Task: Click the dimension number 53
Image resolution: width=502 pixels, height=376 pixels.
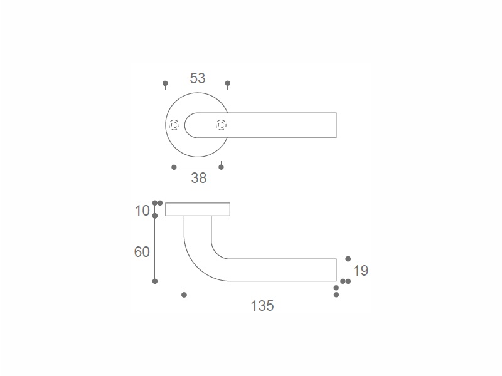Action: pyautogui.click(x=198, y=78)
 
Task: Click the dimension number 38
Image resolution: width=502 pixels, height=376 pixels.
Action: pyautogui.click(x=199, y=178)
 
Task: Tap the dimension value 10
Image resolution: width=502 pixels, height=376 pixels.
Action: pyautogui.click(x=142, y=211)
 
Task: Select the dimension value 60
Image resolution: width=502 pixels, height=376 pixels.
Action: pyautogui.click(x=142, y=252)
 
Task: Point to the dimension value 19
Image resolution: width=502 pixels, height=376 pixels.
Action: pyautogui.click(x=361, y=271)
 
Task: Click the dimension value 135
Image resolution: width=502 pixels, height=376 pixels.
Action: pyautogui.click(x=262, y=306)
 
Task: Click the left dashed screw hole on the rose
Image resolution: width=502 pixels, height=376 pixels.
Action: pyautogui.click(x=174, y=125)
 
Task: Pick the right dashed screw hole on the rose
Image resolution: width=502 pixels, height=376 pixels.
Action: pyautogui.click(x=222, y=125)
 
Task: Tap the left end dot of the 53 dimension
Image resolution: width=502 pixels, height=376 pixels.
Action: pyautogui.click(x=165, y=83)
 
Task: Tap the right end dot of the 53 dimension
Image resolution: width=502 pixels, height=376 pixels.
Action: pyautogui.click(x=228, y=83)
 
